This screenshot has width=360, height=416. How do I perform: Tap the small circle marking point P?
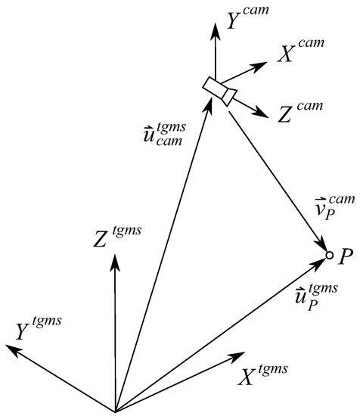coord(329,255)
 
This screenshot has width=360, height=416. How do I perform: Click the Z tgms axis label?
coord(116,234)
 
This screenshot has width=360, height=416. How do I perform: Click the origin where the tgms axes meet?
coord(115,410)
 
